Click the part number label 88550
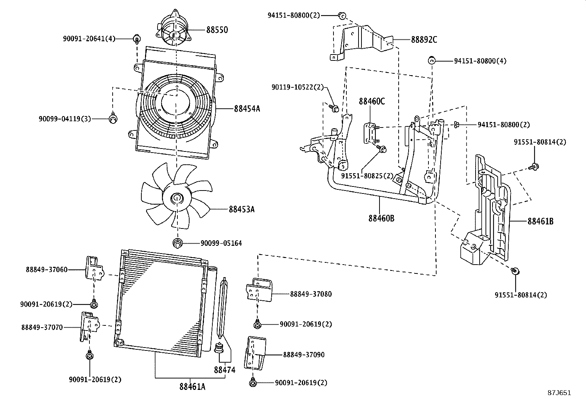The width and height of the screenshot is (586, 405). (217, 30)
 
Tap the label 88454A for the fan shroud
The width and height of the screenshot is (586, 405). (247, 109)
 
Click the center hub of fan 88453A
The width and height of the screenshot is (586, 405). (177, 199)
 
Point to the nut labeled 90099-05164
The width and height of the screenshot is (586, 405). (178, 243)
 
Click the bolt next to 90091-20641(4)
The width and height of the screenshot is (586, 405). (137, 39)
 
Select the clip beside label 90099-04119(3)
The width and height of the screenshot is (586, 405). (114, 118)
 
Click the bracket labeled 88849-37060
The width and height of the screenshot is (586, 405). (94, 269)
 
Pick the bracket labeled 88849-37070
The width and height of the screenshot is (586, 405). (88, 326)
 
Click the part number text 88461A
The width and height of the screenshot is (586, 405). (192, 387)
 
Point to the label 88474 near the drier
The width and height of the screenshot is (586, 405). (225, 370)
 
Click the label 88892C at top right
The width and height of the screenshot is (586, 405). (424, 40)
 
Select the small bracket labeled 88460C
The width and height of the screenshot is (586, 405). (371, 133)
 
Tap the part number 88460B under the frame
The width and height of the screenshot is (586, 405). (381, 219)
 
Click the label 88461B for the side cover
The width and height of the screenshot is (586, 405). (540, 221)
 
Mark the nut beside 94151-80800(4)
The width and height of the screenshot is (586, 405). (432, 60)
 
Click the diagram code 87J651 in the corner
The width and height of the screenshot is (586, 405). (559, 392)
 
